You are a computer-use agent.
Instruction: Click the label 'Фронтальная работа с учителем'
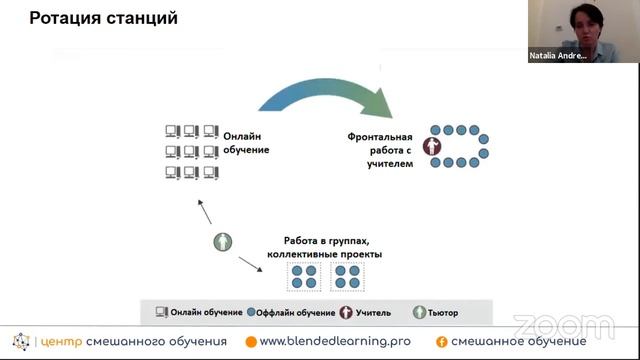coord(380,148)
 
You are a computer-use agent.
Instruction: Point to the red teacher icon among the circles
coord(433,147)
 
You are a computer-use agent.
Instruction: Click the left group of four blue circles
coord(303,277)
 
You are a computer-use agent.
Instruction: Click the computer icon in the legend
coord(161,313)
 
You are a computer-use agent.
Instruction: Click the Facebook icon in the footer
coord(440,342)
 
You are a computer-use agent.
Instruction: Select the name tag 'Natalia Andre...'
coord(557,57)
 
